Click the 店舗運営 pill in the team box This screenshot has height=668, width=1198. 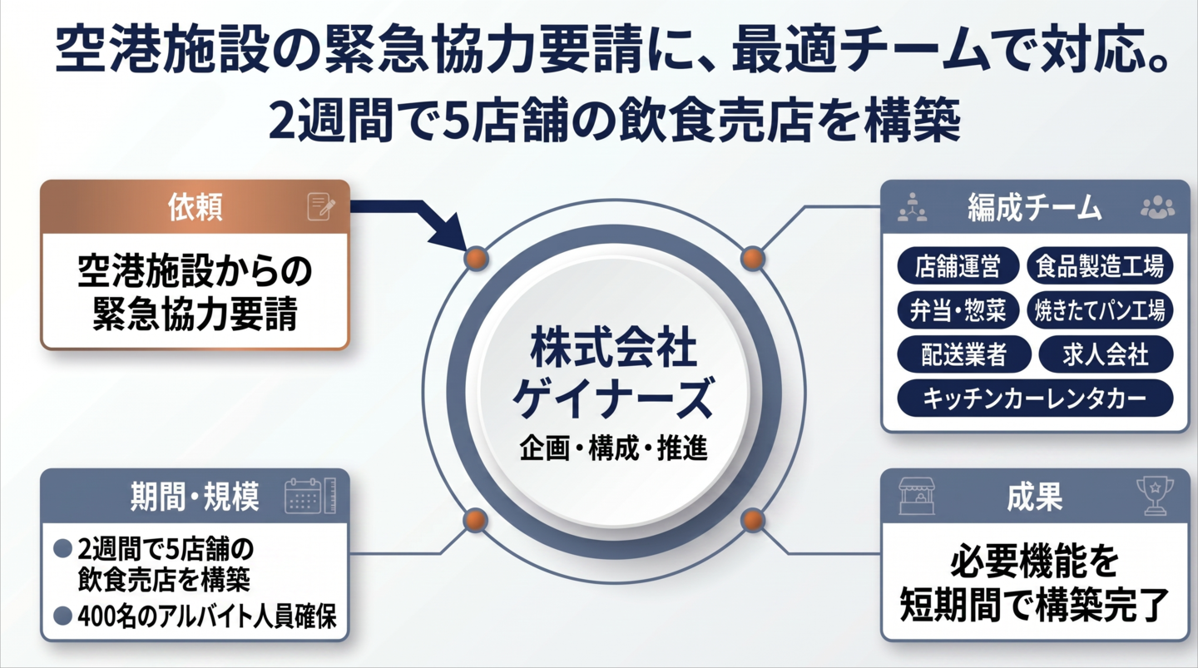click(958, 266)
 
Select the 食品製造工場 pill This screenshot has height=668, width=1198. click(1100, 266)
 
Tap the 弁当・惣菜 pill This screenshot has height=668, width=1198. click(958, 310)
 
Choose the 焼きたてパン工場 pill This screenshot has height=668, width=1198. click(1100, 310)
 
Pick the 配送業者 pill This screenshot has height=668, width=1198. click(963, 354)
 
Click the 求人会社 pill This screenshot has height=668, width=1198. click(1106, 354)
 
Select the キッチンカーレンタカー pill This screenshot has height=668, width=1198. click(1035, 398)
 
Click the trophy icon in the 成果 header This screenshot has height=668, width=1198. click(1155, 497)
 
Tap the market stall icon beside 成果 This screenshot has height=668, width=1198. click(917, 497)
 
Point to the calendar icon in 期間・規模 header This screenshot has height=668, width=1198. click(310, 496)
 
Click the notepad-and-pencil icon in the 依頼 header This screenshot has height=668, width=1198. click(321, 206)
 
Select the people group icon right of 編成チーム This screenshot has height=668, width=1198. click(1158, 207)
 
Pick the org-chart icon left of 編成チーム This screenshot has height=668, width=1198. click(913, 207)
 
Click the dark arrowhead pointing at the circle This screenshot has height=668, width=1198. click(449, 231)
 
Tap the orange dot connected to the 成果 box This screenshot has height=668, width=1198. click(753, 520)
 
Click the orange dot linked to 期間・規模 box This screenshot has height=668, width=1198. click(475, 520)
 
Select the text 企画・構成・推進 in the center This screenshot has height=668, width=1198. click(614, 448)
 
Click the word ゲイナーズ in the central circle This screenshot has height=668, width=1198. click(614, 398)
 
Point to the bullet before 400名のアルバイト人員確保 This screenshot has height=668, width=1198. click(63, 616)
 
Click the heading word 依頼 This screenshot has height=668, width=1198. click(196, 207)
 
